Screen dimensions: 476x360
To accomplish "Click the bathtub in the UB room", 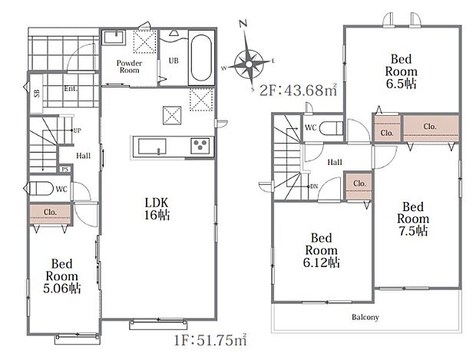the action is coord(201,58).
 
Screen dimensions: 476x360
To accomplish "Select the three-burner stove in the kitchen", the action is coord(200,146).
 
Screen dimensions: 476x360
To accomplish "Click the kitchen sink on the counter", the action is coord(152,147).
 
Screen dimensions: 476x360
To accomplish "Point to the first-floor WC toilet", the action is coord(39,189).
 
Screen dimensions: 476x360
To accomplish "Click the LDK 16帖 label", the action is coord(157,209).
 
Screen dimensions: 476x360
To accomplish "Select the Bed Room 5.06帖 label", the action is coord(62,276).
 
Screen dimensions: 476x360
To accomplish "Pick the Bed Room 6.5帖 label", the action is coord(401,71).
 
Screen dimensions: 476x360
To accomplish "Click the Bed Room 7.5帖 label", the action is coord(413,219).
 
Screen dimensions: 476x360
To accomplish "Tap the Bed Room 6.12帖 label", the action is coord(321,250).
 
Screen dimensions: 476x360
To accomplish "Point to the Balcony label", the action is coord(365,317).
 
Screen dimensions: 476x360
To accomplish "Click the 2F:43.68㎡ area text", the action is coord(299,90).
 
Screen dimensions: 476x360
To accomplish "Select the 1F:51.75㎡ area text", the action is coord(210,340).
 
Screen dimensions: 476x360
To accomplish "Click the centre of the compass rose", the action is coord(250,64).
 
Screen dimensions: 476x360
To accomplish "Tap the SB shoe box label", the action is coord(37,93).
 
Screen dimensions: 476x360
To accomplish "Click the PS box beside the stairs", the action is coord(65,170).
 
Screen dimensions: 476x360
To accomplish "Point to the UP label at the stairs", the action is coord(77,130).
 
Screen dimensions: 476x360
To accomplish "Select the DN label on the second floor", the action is coord(314,186).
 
